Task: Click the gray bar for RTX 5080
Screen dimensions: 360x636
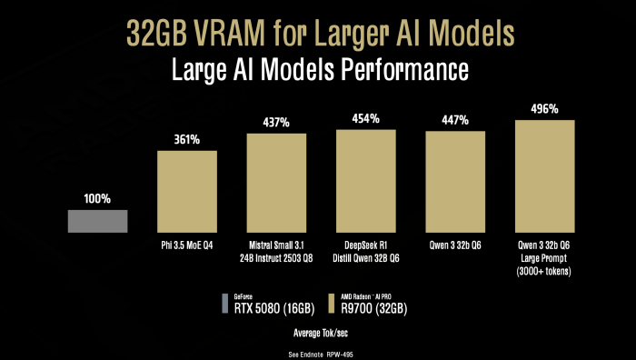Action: (97, 221)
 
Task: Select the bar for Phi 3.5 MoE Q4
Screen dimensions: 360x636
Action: (187, 191)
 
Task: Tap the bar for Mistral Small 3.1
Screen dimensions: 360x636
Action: (276, 182)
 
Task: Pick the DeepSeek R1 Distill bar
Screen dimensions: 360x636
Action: (366, 180)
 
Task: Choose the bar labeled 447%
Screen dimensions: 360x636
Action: (455, 181)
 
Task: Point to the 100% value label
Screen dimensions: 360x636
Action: (97, 199)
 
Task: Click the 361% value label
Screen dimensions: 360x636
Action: (187, 139)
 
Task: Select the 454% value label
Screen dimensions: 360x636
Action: (366, 118)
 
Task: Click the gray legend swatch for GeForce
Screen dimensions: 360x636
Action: (225, 302)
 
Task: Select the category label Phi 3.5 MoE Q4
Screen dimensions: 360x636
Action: (187, 245)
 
